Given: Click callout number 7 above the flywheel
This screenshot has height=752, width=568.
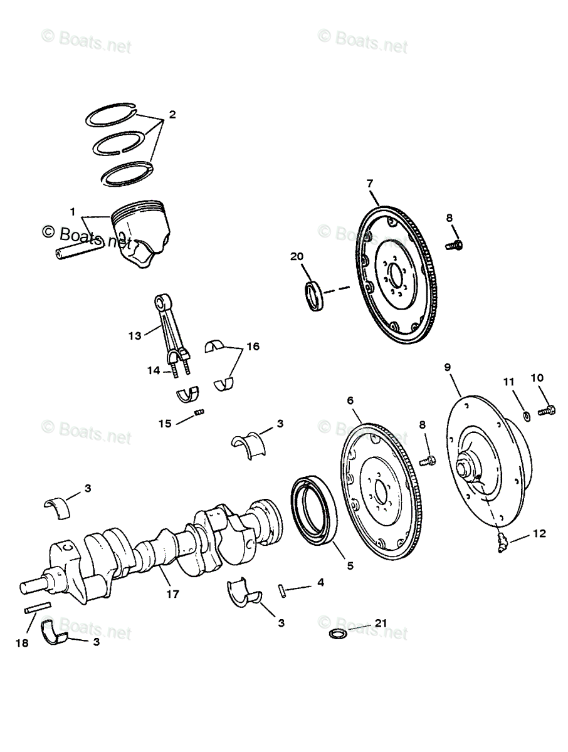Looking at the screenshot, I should click(370, 183).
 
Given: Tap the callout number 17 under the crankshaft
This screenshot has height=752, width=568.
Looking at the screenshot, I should click(173, 594).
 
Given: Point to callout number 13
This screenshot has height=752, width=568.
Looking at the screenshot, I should click(135, 336).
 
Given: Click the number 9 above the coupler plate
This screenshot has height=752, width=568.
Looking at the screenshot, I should click(448, 367).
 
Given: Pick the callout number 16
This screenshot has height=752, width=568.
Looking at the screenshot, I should click(252, 346).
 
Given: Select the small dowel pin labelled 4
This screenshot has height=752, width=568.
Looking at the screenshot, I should click(283, 590).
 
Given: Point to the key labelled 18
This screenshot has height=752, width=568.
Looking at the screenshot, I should click(37, 608).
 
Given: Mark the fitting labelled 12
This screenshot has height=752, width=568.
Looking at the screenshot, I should click(502, 541).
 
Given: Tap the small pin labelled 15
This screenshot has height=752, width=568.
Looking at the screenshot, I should click(200, 412).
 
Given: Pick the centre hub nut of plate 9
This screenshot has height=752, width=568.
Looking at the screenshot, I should click(467, 467).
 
